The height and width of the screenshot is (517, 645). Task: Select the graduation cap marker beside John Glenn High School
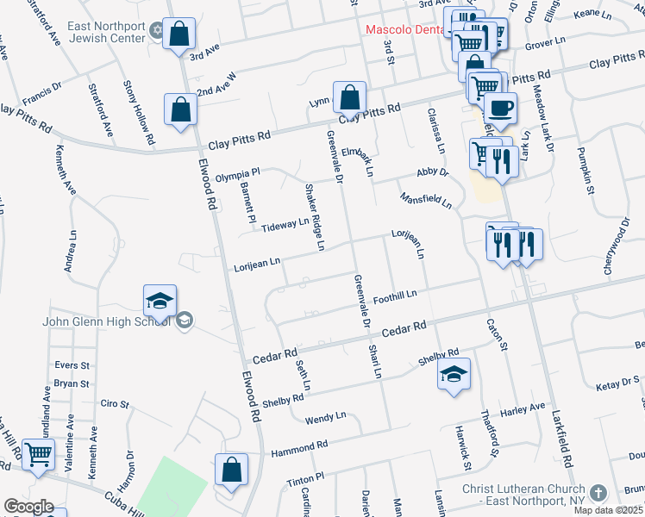coord(160,301)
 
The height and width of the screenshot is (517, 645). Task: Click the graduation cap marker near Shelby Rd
coord(454,374)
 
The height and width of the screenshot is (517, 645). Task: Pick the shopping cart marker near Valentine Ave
coord(38,454)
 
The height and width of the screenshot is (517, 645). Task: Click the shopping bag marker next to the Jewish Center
coord(178,35)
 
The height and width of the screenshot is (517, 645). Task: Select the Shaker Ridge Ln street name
coord(312,216)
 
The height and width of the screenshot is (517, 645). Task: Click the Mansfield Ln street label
coord(425,200)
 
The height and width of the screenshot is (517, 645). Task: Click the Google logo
coord(28,507)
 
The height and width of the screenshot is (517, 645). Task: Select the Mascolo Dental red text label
coord(405,29)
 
